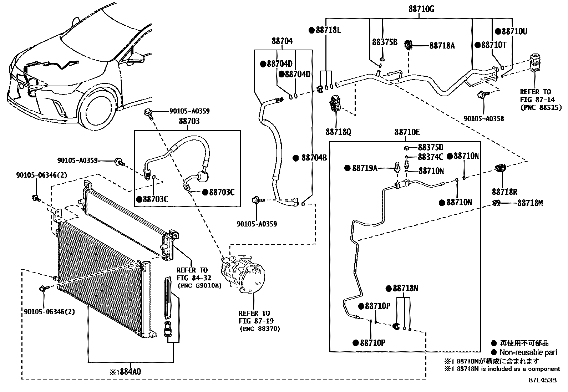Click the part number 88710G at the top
pyautogui.click(x=421, y=9)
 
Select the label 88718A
pyautogui.click(x=442, y=46)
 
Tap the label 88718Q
pyautogui.click(x=338, y=132)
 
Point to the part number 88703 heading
pyautogui.click(x=189, y=121)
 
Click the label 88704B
pyautogui.click(x=314, y=158)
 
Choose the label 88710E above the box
pyautogui.click(x=407, y=132)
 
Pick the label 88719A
pyautogui.click(x=365, y=168)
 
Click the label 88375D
pyautogui.click(x=431, y=147)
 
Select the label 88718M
pyautogui.click(x=530, y=203)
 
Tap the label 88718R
pyautogui.click(x=504, y=192)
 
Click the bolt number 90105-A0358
pyautogui.click(x=483, y=119)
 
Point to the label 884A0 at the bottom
pyautogui.click(x=130, y=372)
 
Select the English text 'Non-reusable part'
pyautogui.click(x=528, y=352)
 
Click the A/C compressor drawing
pyautogui.click(x=243, y=274)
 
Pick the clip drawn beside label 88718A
pyautogui.click(x=408, y=45)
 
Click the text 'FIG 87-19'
pyautogui.click(x=256, y=321)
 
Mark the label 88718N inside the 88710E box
pyautogui.click(x=405, y=288)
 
